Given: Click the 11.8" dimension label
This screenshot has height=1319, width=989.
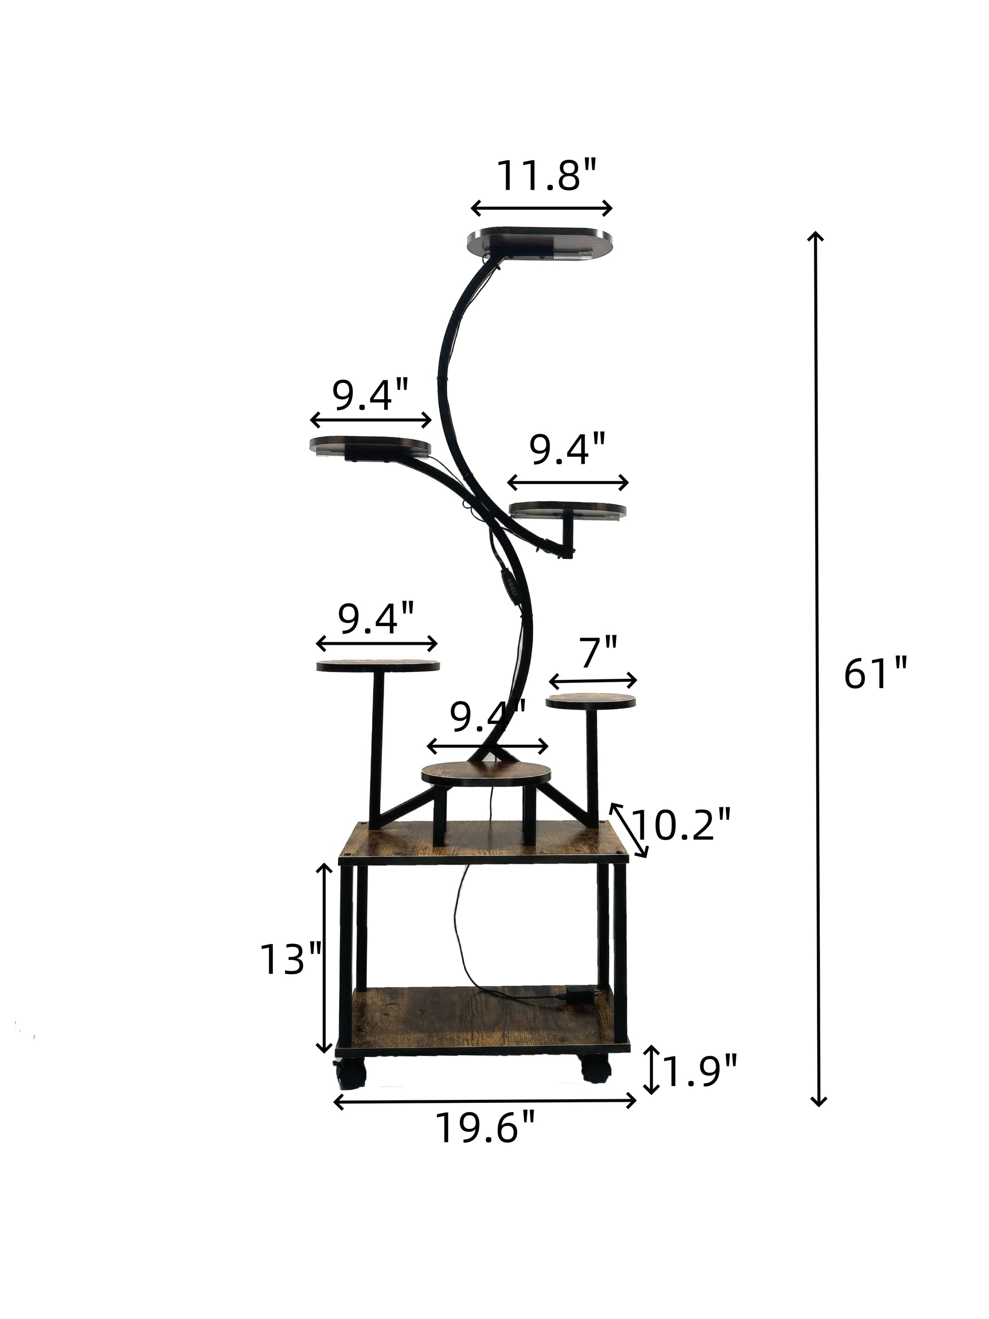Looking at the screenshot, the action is [x=546, y=175].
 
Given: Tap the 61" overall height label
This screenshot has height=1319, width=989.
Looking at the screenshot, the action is [x=875, y=674].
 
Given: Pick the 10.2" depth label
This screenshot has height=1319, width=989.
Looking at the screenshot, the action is [x=681, y=825].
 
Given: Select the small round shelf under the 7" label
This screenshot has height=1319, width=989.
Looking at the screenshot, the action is [x=591, y=701].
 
